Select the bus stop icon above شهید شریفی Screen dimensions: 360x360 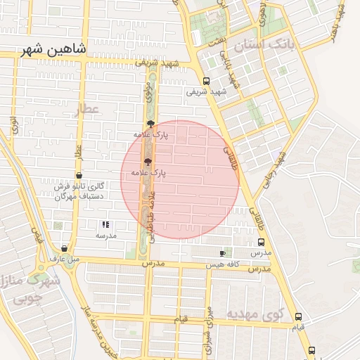[x=206, y=81]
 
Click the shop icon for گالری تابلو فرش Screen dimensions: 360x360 [x=78, y=176]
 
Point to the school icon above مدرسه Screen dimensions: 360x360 [x=105, y=225]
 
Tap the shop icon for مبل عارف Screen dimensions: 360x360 [x=64, y=248]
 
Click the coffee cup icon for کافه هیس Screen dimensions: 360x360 [x=223, y=253]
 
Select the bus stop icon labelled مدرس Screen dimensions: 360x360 [x=262, y=242]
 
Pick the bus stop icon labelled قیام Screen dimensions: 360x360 [x=298, y=317]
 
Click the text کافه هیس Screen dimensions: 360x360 [x=223, y=266]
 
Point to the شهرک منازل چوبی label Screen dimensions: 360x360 [x=28, y=288]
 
